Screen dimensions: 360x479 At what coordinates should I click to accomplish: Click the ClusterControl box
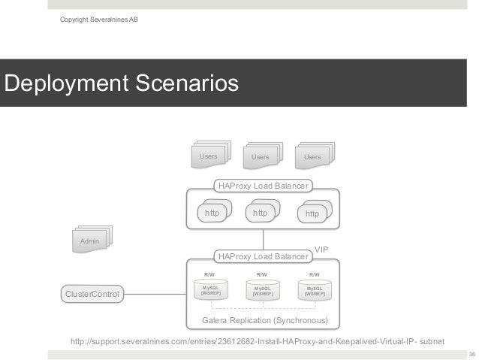pyautogui.click(x=92, y=294)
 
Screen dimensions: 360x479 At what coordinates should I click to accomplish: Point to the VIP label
pyautogui.click(x=321, y=248)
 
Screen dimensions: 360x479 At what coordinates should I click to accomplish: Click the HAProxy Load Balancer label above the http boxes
pyautogui.click(x=263, y=185)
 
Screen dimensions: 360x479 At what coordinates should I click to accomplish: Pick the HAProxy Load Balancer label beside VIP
pyautogui.click(x=263, y=257)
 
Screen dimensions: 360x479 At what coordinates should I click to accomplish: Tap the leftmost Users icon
pyautogui.click(x=209, y=156)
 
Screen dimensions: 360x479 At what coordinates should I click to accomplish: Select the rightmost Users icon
pyautogui.click(x=312, y=156)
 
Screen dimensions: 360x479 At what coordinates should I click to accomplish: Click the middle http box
pyautogui.click(x=261, y=213)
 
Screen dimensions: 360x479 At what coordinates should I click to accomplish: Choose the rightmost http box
pyautogui.click(x=312, y=213)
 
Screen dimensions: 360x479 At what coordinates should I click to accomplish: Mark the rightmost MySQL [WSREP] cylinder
pyautogui.click(x=315, y=291)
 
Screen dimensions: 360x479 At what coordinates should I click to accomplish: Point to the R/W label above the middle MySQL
pyautogui.click(x=262, y=275)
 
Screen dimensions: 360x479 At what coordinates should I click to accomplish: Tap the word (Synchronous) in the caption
pyautogui.click(x=300, y=321)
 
